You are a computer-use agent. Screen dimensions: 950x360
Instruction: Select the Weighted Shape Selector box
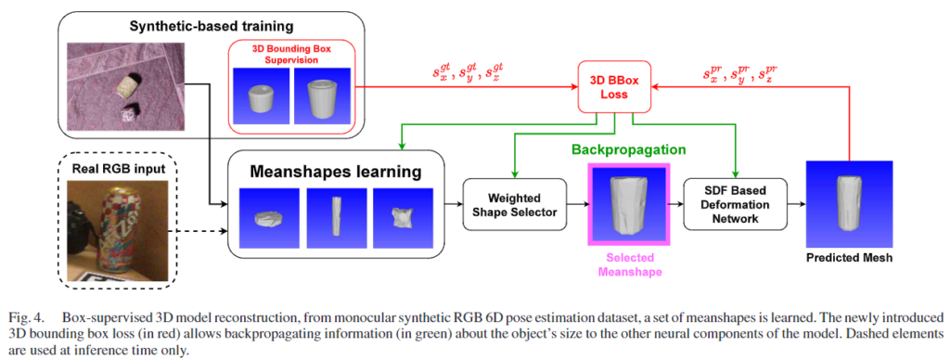[x=514, y=204]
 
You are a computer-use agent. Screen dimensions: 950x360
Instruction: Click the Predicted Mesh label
[x=849, y=258]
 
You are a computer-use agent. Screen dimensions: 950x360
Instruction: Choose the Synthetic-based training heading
[x=211, y=27]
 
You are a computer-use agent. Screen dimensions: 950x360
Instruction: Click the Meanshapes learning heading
[x=336, y=173]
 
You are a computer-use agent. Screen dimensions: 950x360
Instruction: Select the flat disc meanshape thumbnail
[x=270, y=217]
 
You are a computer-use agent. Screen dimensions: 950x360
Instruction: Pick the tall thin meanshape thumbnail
[x=336, y=217]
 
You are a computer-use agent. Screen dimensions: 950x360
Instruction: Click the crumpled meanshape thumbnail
[x=403, y=217]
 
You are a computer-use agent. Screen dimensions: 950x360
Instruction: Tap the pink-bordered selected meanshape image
[x=628, y=204]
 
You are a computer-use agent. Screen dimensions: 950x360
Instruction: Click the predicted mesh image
[x=850, y=203]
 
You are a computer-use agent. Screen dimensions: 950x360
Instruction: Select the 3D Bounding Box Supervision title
[x=292, y=54]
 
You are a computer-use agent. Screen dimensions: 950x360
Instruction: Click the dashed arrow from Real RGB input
[x=201, y=230]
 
